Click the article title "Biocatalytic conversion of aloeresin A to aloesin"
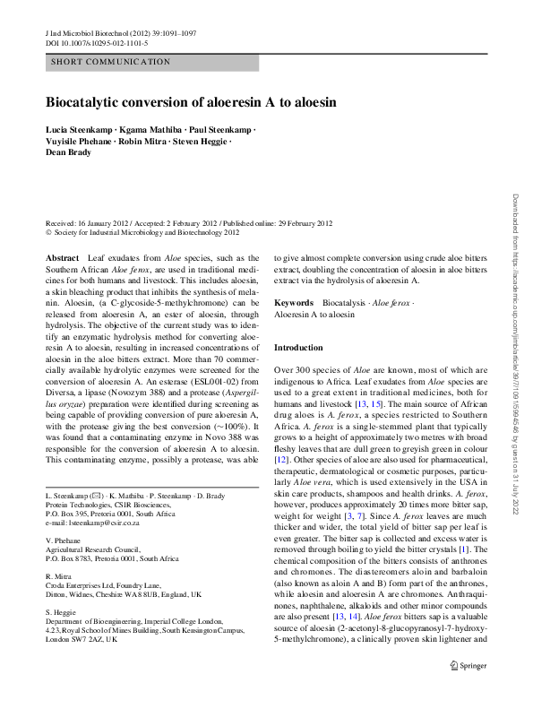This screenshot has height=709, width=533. click(191, 102)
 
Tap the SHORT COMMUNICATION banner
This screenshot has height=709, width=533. click(111, 62)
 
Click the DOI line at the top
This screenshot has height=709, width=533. click(97, 43)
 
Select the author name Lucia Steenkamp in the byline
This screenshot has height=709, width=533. click(79, 131)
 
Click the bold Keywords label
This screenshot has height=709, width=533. click(293, 304)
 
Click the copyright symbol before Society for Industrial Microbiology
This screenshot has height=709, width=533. click(47, 232)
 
